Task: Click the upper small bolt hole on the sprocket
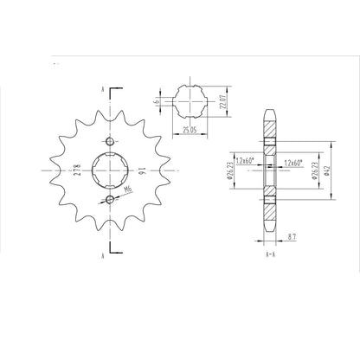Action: [109, 142]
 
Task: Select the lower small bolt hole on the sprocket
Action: [109, 202]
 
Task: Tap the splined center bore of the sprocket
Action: [109, 172]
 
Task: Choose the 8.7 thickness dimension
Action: [293, 235]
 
